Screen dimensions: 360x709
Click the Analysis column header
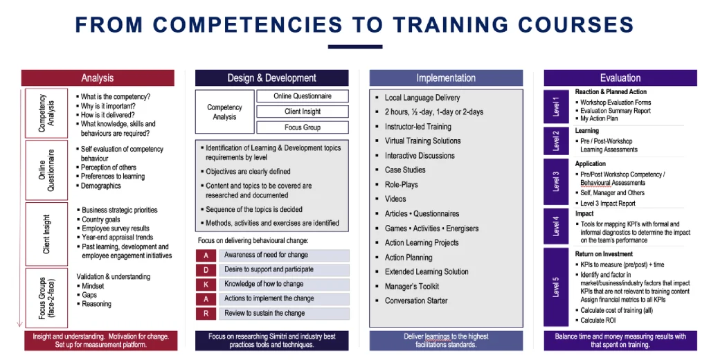[x=97, y=78]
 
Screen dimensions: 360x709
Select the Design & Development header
[x=271, y=78]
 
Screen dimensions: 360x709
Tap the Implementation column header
[x=446, y=78]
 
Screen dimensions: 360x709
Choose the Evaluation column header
[x=620, y=78]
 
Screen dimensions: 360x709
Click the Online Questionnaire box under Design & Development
[x=302, y=96]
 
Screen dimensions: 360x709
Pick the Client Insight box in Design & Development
[x=302, y=111]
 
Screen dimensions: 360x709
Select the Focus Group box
[x=302, y=127]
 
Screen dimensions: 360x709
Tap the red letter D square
[x=206, y=270]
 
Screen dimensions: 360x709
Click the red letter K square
[x=206, y=285]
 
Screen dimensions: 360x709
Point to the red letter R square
[x=206, y=314]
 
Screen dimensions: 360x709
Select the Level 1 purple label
[x=556, y=106]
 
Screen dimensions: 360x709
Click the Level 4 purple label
[x=556, y=226]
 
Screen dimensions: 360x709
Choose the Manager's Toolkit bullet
[x=411, y=287]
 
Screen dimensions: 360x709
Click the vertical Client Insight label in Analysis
[x=46, y=234]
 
